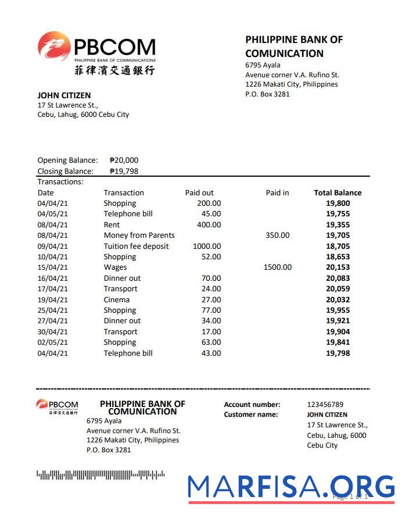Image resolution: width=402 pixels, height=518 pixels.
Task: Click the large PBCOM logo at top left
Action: [x=96, y=53]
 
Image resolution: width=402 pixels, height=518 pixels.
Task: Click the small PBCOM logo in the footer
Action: [x=57, y=406]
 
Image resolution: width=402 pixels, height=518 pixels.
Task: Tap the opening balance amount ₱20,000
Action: [x=124, y=160]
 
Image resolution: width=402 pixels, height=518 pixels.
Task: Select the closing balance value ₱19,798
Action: [x=124, y=172]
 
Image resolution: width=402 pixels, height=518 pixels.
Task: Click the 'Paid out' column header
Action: [x=199, y=193]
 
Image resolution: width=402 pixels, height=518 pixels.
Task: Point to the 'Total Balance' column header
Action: [x=338, y=193]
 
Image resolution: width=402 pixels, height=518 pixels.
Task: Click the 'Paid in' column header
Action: [x=277, y=193]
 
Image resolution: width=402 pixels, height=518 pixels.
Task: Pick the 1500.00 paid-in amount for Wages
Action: [x=277, y=267]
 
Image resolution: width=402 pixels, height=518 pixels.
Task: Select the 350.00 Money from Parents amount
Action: [x=277, y=235]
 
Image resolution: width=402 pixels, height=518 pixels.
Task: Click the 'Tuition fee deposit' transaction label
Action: [x=136, y=247]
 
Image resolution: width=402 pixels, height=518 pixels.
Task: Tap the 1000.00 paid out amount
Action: [x=206, y=247]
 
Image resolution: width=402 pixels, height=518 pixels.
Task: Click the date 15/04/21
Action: [x=53, y=267]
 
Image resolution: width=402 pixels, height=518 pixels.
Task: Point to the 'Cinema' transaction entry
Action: [x=117, y=300]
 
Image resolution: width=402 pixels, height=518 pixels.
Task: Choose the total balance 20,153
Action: [x=338, y=267]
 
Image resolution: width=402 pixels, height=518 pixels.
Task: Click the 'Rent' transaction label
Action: [x=112, y=225]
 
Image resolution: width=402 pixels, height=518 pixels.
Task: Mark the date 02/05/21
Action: [x=53, y=342]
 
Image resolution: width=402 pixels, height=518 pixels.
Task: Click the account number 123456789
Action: [x=325, y=405]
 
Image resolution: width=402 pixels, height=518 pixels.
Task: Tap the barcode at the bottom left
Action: [x=100, y=475]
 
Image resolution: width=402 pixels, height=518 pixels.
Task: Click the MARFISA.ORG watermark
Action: [x=290, y=487]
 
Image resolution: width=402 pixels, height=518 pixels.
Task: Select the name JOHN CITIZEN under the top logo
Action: [x=64, y=95]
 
